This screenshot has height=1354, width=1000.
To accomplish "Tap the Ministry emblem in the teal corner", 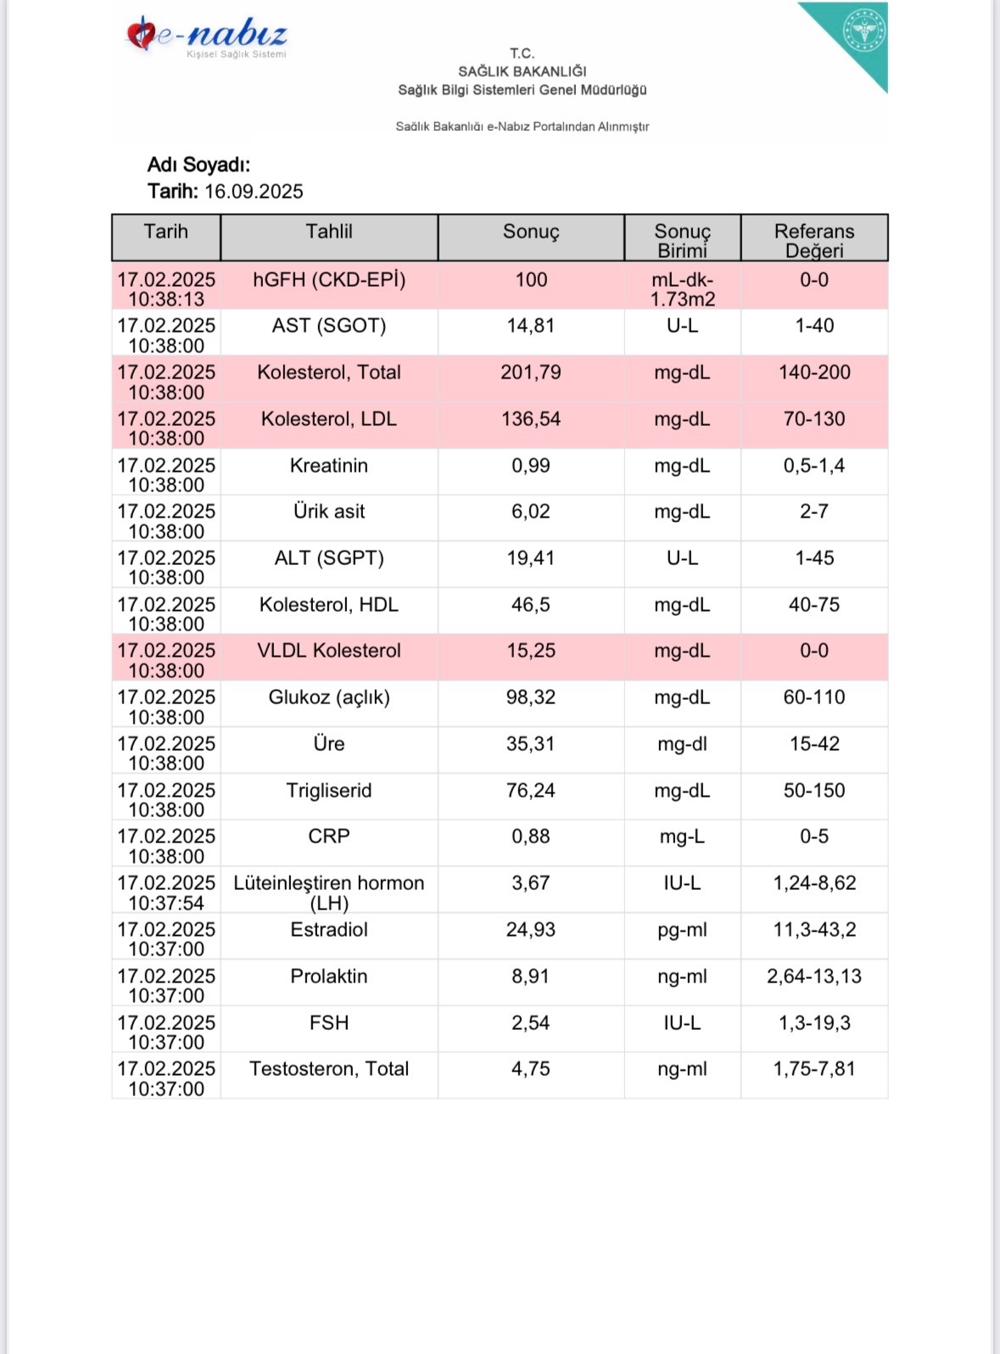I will (x=863, y=31).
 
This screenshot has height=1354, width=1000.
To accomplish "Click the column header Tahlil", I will (x=329, y=232).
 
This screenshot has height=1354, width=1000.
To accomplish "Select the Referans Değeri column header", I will (x=814, y=240).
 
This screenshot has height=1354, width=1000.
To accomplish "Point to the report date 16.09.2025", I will (x=254, y=192).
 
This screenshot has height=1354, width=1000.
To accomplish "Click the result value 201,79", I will (x=531, y=372).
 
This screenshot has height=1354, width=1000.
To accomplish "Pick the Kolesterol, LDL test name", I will (x=329, y=419).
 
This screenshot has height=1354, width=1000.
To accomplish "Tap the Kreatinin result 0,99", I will (x=531, y=466).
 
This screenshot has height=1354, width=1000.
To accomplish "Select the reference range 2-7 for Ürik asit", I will (x=814, y=512).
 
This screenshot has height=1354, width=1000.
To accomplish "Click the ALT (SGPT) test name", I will (x=329, y=558).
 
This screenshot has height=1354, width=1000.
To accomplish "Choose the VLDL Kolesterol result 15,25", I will (x=531, y=651).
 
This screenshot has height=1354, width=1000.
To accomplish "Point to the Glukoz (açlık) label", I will (x=329, y=697).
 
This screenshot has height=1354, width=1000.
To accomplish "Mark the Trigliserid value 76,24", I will (x=531, y=791).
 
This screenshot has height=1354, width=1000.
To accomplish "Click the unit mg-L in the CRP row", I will (x=682, y=836).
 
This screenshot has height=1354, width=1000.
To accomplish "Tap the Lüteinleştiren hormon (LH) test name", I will (x=329, y=892).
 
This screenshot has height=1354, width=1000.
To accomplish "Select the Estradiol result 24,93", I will (x=531, y=930).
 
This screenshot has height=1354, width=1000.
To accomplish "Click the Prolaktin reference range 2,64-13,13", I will (x=814, y=976).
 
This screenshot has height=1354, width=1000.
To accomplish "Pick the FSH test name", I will (x=329, y=1023).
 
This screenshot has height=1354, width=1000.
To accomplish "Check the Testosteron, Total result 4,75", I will (x=531, y=1069).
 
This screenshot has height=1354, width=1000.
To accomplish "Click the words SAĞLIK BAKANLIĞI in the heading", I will (x=522, y=71).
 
